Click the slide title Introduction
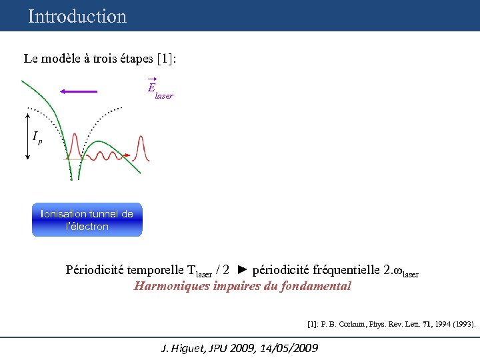coord(77,16)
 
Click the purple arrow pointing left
coord(78,91)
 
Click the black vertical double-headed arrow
coord(27,137)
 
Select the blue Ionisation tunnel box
coord(87,220)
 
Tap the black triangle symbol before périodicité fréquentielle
coord(243,270)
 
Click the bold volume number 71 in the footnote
coord(418,325)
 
